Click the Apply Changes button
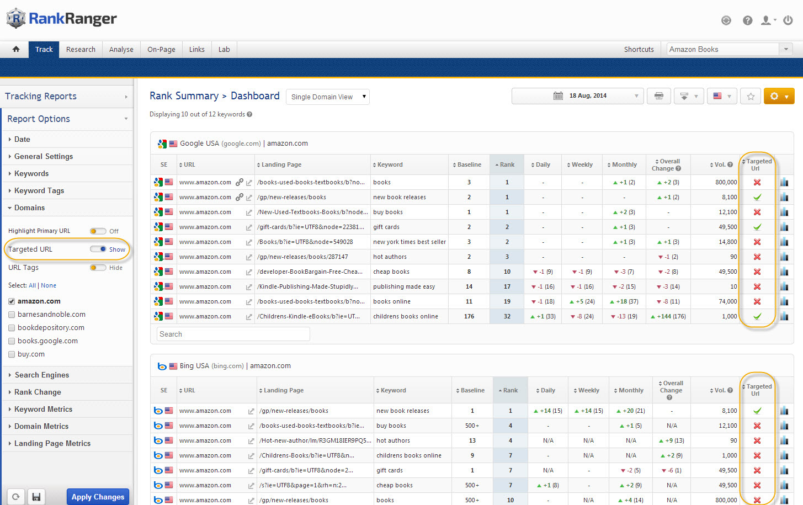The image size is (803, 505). pos(98,497)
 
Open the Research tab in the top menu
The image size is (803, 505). pos(81,49)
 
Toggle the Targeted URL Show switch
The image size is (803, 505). pos(99,249)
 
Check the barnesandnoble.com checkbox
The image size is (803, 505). pos(12,315)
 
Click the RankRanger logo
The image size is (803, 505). pos(62,19)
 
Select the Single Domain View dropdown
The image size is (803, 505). pos(328,97)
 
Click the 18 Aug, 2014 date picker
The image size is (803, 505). pos(578,96)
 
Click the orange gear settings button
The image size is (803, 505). pos(779,96)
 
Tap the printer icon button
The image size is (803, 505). pos(658,96)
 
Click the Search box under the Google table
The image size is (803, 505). pos(233,334)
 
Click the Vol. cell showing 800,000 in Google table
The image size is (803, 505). pos(726,182)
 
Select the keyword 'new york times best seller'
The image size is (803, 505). pos(409,242)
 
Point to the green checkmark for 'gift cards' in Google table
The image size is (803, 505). pos(757,227)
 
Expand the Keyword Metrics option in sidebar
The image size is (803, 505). pos(43,409)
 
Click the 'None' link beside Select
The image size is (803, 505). pos(49,285)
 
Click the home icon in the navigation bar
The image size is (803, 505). pos(16,49)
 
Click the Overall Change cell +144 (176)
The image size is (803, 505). pos(668,316)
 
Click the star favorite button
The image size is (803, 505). pos(751,96)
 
